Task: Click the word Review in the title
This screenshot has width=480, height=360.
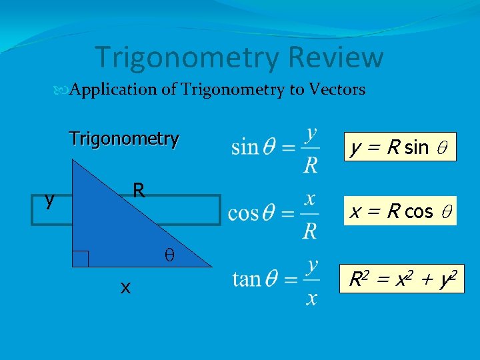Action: click(335, 57)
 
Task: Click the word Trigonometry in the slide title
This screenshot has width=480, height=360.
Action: click(187, 59)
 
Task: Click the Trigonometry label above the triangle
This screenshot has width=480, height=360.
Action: click(124, 139)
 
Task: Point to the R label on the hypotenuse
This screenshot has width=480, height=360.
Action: click(138, 191)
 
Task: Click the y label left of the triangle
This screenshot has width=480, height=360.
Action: click(49, 199)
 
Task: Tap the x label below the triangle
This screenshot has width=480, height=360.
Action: click(125, 287)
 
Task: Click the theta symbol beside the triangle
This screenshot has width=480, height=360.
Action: click(169, 255)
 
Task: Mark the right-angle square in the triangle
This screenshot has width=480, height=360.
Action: click(81, 259)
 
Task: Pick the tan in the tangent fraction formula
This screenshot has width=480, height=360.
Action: click(246, 278)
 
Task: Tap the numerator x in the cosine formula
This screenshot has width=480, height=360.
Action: click(310, 198)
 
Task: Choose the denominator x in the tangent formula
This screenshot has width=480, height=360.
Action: click(311, 297)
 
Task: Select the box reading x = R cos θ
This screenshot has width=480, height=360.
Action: click(401, 212)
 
